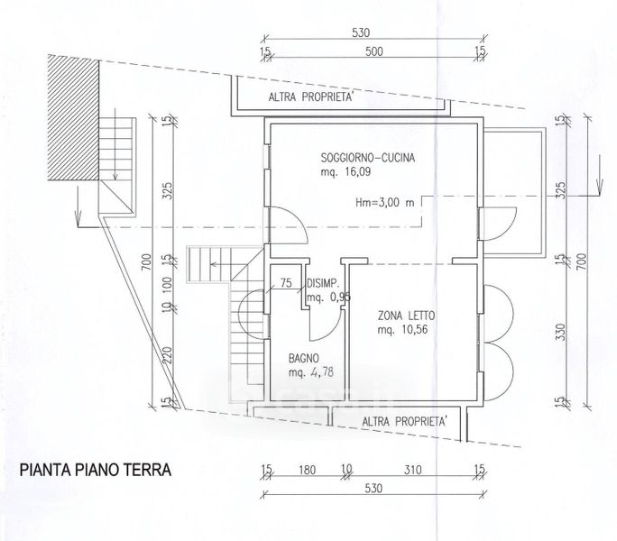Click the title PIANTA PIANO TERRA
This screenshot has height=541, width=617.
(96, 470)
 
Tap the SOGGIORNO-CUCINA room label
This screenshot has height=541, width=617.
(368, 158)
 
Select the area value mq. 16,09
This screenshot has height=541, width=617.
(345, 172)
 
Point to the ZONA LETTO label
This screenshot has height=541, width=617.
(407, 316)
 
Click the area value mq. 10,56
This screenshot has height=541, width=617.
(402, 330)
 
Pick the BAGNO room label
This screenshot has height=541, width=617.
(304, 359)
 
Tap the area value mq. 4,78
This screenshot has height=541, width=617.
(311, 372)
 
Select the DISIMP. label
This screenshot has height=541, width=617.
(323, 283)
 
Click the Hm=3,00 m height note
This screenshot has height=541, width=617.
(385, 203)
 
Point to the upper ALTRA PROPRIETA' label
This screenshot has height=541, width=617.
(310, 97)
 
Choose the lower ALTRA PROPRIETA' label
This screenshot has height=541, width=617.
(404, 422)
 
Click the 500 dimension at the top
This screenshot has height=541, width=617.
(373, 51)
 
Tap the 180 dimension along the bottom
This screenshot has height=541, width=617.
(307, 470)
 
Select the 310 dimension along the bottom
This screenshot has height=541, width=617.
(412, 470)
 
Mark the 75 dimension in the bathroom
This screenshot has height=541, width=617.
(286, 283)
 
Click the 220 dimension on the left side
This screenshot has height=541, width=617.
(168, 355)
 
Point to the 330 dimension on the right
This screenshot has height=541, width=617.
(561, 332)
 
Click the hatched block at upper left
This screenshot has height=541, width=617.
(73, 117)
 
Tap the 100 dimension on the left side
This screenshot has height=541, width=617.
(168, 284)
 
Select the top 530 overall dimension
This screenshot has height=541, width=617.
(361, 32)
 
